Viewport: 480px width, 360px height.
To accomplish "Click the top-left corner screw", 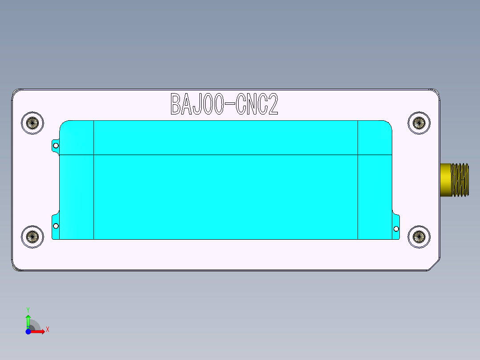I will tap(33, 122).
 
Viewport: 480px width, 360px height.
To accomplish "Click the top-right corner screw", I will tap(419, 122).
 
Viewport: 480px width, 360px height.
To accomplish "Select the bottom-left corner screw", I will tap(33, 237).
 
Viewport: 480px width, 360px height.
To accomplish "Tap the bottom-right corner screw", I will tap(419, 237).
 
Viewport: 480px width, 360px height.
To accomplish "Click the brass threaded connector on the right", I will tap(455, 180).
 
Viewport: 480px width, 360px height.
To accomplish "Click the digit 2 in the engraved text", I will tap(272, 104).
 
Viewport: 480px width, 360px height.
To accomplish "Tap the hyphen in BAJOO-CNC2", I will tap(230, 105).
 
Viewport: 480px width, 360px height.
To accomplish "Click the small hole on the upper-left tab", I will tap(56, 145).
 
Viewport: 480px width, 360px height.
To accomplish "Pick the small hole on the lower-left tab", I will tap(56, 226).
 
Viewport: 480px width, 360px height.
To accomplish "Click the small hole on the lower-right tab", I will tap(396, 229).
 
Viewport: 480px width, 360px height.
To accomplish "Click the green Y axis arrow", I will tap(28, 319).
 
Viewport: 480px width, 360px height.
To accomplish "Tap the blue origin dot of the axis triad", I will tap(28, 331).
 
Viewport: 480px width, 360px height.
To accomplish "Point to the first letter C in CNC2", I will tap(241, 104).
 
